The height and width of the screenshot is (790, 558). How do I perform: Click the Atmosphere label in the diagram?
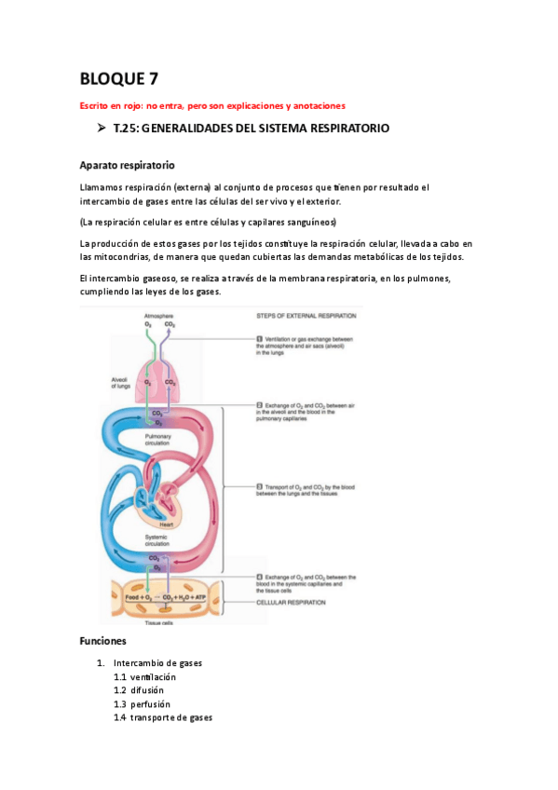pos(159,317)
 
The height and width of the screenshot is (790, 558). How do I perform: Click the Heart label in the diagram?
pos(166,524)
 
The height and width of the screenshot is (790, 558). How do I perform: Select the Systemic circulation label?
pos(159,540)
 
